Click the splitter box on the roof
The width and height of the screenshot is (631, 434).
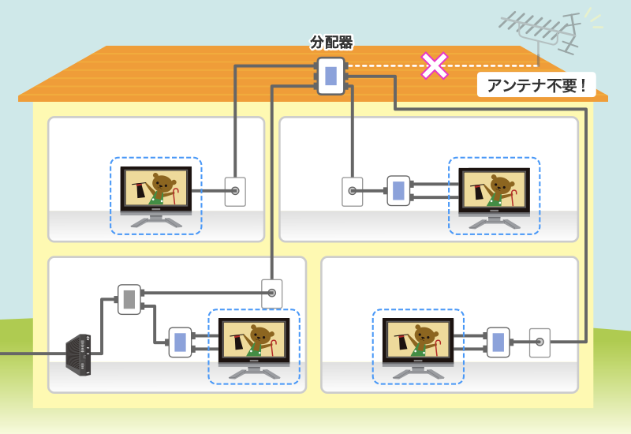click(x=331, y=76)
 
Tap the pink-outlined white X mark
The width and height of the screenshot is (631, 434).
click(x=434, y=65)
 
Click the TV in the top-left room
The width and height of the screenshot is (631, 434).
click(x=156, y=191)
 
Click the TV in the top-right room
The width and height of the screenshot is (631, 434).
click(x=495, y=191)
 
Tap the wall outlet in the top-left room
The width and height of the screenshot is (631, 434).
click(x=235, y=191)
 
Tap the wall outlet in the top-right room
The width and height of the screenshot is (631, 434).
click(x=352, y=191)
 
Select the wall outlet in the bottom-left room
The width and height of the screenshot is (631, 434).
click(x=271, y=294)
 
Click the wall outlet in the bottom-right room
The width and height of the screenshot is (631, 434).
click(x=540, y=342)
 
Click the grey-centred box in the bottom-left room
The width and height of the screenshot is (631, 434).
click(x=129, y=299)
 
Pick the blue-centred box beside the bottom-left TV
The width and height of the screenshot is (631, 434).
click(x=180, y=342)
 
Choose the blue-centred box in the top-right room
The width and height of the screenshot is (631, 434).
click(x=398, y=191)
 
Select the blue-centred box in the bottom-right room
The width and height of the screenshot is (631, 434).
click(x=498, y=342)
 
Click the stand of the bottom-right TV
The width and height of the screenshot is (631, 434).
click(x=418, y=373)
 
